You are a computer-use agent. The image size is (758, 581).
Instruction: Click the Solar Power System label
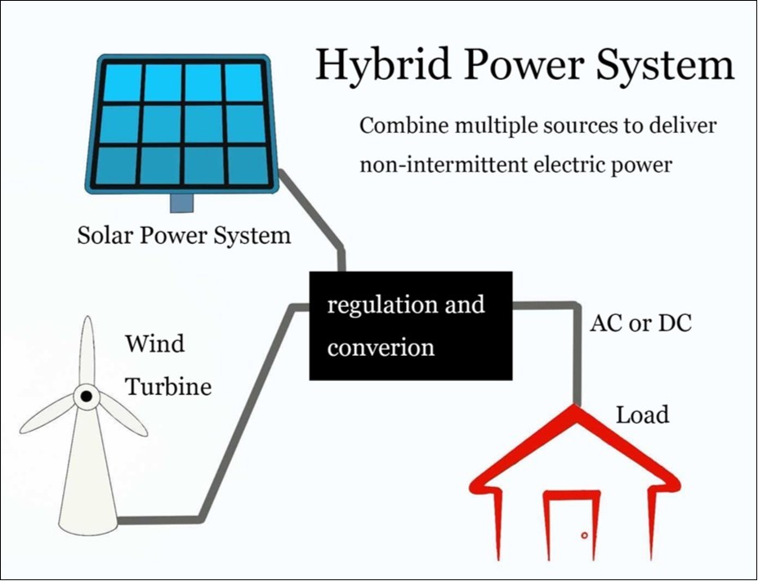click(184, 236)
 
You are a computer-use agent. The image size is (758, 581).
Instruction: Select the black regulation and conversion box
click(410, 326)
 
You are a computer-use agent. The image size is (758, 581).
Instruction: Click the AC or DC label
click(640, 323)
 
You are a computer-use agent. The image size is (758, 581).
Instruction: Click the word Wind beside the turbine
click(154, 343)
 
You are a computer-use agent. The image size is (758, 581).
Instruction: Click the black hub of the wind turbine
click(85, 397)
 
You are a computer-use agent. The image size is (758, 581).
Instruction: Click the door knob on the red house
click(585, 535)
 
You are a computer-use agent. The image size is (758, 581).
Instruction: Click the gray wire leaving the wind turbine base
click(163, 518)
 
